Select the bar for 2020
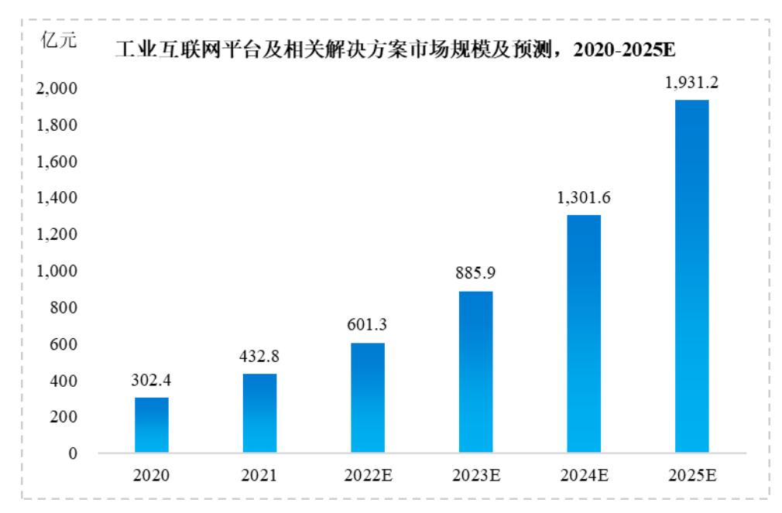click(152, 425)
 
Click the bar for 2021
click(259, 413)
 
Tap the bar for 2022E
click(368, 398)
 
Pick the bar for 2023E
click(475, 371)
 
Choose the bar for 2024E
click(584, 333)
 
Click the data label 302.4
click(152, 382)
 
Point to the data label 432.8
click(259, 358)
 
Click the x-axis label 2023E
click(475, 475)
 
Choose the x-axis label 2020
click(152, 475)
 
